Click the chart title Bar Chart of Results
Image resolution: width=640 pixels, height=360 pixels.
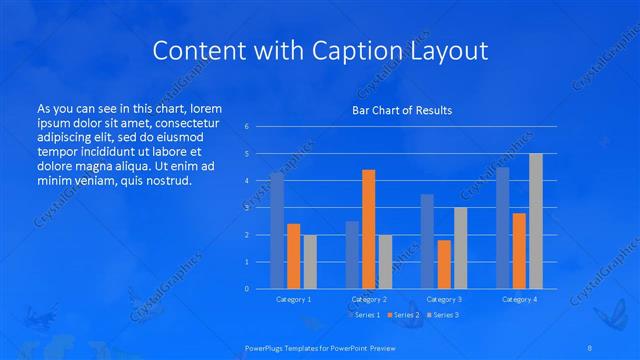click(401, 110)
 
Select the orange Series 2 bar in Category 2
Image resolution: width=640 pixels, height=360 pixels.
click(368, 229)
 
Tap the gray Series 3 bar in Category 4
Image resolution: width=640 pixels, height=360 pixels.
click(536, 221)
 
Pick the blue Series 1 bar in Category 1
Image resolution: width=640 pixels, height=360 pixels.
click(277, 230)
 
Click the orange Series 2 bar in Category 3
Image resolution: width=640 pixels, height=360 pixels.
click(444, 264)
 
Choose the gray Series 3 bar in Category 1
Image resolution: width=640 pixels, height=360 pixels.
click(310, 261)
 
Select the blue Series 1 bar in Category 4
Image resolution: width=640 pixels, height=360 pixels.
click(502, 228)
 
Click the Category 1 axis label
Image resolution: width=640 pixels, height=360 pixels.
click(293, 299)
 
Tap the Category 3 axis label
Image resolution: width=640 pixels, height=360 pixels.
click(444, 299)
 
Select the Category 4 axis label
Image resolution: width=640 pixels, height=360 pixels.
click(519, 299)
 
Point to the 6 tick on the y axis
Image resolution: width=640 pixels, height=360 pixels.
click(247, 127)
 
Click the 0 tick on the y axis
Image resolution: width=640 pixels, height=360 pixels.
click(247, 289)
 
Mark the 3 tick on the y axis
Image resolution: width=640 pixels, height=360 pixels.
click(247, 208)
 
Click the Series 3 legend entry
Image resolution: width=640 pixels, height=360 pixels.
click(446, 315)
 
